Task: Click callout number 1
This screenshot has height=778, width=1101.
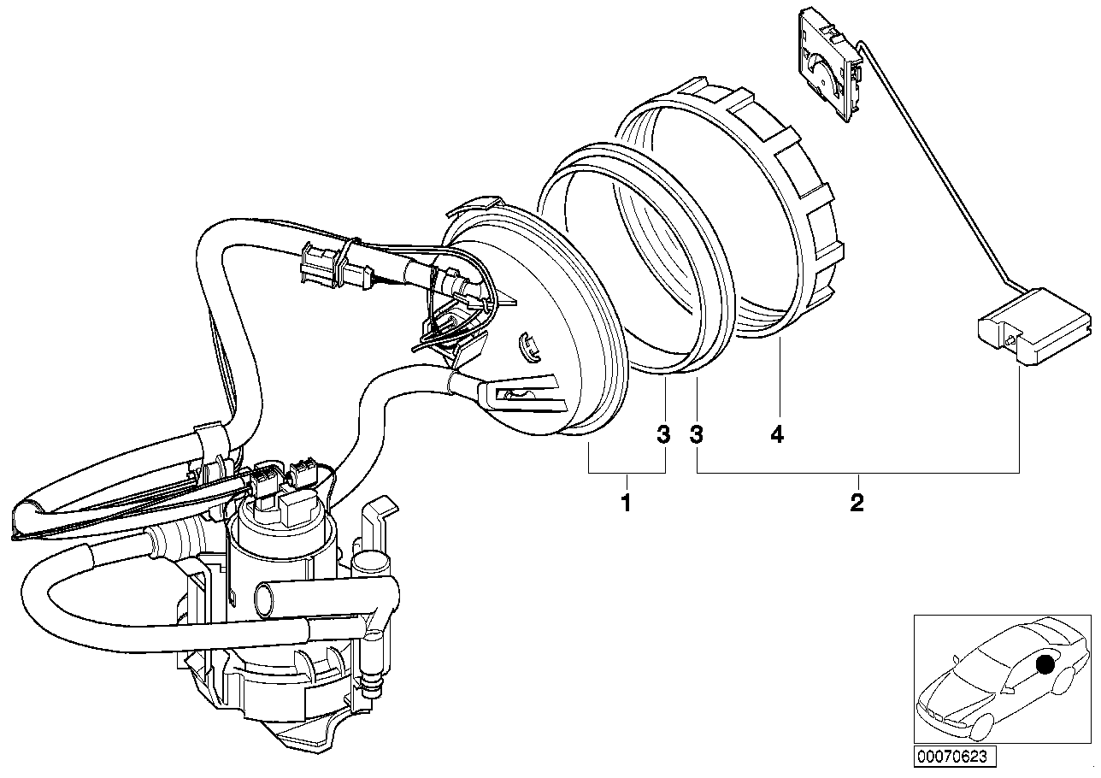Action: [626, 503]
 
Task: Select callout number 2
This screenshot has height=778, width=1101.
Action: [857, 503]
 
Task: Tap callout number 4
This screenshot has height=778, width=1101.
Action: [776, 435]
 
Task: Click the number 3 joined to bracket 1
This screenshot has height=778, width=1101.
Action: [663, 435]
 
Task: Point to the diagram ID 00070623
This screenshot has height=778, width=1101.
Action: [953, 755]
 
